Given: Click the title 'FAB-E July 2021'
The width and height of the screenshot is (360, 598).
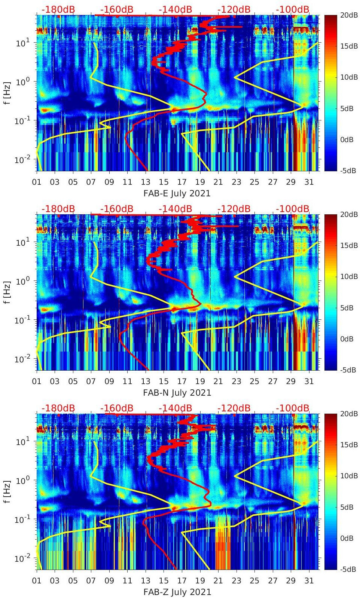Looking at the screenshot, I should pos(177,193).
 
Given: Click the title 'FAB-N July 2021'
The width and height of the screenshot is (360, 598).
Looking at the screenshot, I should pos(177,393).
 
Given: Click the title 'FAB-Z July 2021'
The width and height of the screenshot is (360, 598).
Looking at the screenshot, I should pos(177,592).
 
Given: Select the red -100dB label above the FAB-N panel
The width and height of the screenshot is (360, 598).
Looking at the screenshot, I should pos(293,209).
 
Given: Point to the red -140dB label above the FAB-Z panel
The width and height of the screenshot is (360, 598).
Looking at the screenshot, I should pos(175,408).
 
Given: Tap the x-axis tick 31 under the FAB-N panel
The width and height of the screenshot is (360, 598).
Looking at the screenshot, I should pos(309,381).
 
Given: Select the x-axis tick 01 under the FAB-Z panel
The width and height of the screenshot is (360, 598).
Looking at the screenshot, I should pos(37,581).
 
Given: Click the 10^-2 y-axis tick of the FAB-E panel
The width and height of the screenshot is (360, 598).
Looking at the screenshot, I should pos(22,160).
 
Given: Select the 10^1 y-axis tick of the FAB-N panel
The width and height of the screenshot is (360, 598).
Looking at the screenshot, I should pos(22,242).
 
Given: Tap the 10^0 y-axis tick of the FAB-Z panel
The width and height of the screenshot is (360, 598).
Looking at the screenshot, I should pos(22,481).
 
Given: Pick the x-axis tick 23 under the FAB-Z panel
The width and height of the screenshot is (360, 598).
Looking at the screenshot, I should pos(236,581).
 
